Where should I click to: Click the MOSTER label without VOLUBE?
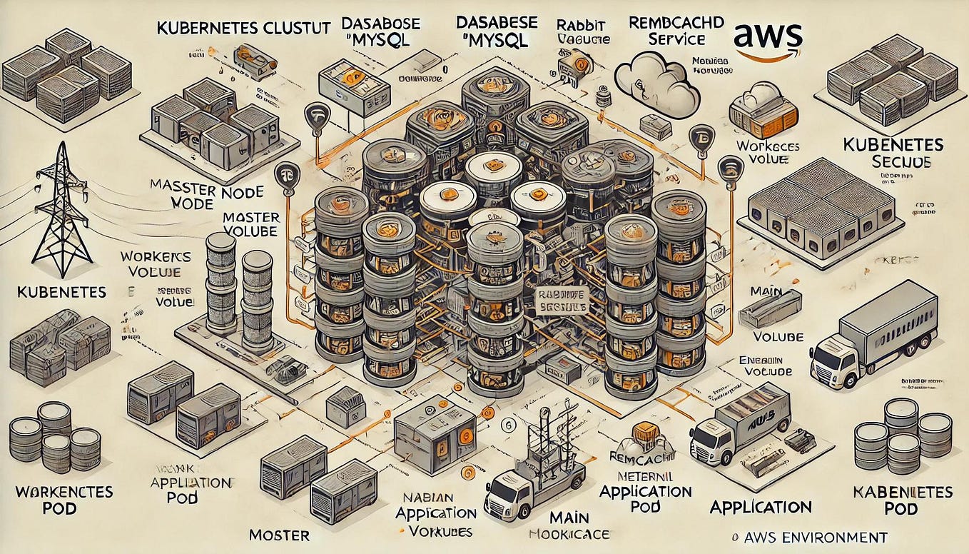pos(278,535)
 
